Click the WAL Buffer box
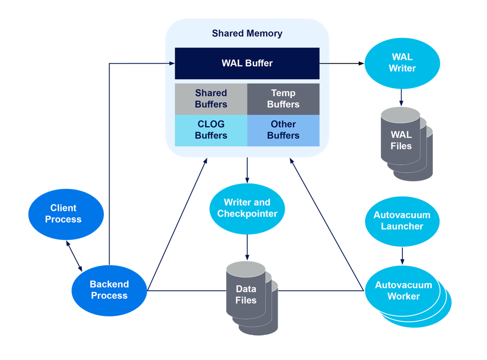pos(247,63)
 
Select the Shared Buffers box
pos(211,99)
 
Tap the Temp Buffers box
pos(283,99)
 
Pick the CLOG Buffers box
pos(211,130)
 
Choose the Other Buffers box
pos(283,130)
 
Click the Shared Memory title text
pos(247,33)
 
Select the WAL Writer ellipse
pos(402,63)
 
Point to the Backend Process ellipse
pos(109,290)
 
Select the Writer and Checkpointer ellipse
pos(247,208)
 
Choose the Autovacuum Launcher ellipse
pos(402,221)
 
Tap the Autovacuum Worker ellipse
pos(403,291)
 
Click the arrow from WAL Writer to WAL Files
pos(401,98)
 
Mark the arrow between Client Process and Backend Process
pos(74,256)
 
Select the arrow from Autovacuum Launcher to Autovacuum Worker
pos(402,256)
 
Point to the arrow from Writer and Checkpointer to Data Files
pos(247,247)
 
